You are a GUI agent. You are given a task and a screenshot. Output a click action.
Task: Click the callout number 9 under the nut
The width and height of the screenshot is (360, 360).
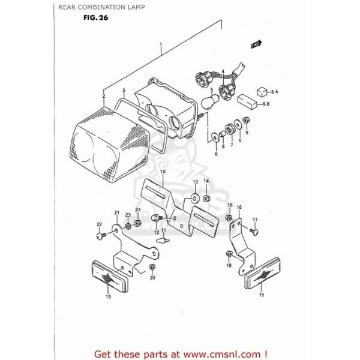[x=247, y=133]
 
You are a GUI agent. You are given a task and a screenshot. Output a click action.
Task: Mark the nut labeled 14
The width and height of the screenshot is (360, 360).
[x=206, y=199]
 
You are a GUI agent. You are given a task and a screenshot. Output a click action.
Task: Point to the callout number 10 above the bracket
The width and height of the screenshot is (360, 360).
[x=162, y=172]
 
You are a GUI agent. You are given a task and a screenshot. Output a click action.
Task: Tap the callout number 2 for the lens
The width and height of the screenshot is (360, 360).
[x=103, y=96]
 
